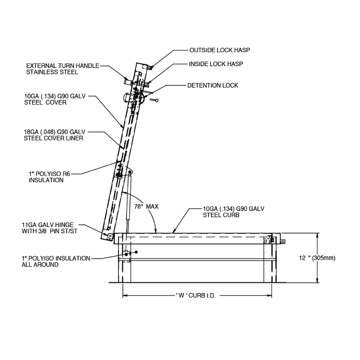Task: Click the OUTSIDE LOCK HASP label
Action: [x=220, y=50]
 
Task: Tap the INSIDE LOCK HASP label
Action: [x=216, y=64]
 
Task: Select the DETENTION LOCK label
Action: [x=213, y=85]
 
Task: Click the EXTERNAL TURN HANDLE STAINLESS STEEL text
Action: [x=63, y=69]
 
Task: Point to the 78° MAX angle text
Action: [x=146, y=206]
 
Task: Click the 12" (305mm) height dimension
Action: [x=317, y=258]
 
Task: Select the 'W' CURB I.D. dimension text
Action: [x=196, y=296]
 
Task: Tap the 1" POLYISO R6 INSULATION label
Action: [x=49, y=177]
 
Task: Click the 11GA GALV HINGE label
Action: [x=50, y=228]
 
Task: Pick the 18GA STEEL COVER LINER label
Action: [x=55, y=135]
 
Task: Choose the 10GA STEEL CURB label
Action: [x=234, y=212]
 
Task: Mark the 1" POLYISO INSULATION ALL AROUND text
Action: [x=56, y=261]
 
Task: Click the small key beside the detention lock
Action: [x=154, y=100]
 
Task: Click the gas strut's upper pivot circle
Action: [x=130, y=172]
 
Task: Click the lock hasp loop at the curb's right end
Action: [x=283, y=241]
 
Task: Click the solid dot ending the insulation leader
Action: [x=136, y=252]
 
